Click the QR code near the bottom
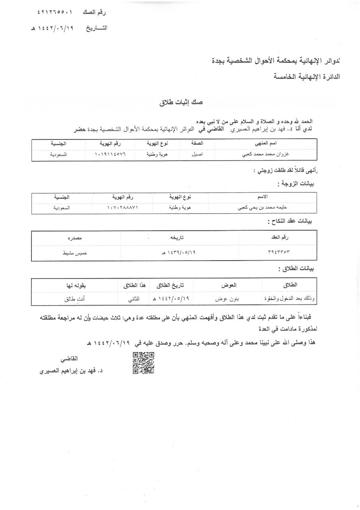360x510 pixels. [143, 363]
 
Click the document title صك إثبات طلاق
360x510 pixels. [181, 102]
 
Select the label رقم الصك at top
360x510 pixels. [94, 13]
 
